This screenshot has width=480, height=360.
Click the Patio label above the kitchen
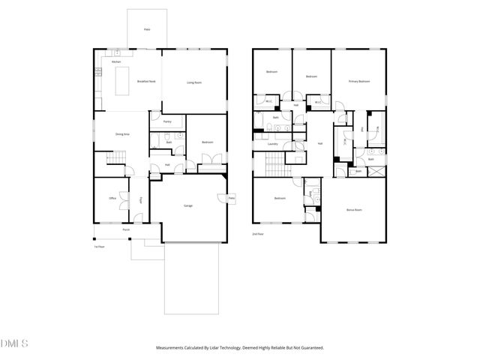pyautogui.click(x=147, y=30)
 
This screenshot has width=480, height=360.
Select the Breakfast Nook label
pyautogui.click(x=145, y=82)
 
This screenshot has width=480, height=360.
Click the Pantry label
pyautogui.click(x=167, y=120)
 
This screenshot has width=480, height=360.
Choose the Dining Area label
pyautogui.click(x=122, y=133)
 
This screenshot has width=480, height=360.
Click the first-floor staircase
pyautogui.click(x=114, y=158)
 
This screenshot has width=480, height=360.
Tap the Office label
pyautogui.click(x=112, y=199)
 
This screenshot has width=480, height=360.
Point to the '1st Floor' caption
pyautogui.click(x=98, y=246)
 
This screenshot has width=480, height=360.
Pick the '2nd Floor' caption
pyautogui.click(x=259, y=235)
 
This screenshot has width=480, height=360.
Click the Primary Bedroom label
pyautogui.click(x=358, y=81)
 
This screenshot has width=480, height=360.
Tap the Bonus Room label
pyautogui.click(x=353, y=210)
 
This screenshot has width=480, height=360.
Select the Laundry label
pyautogui.click(x=272, y=143)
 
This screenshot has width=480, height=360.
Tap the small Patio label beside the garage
pyautogui.click(x=232, y=198)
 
